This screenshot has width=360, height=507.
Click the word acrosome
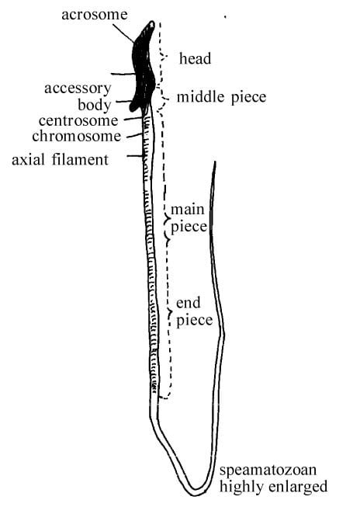(x=95, y=15)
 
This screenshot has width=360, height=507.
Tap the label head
(x=196, y=58)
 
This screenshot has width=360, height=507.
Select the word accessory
(x=78, y=89)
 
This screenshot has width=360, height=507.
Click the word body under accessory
(x=95, y=105)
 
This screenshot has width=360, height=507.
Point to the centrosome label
(x=78, y=121)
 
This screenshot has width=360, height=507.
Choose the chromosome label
(x=77, y=136)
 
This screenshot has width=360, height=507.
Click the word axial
(x=28, y=160)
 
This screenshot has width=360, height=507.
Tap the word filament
(x=81, y=160)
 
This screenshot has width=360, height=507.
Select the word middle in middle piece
(x=201, y=97)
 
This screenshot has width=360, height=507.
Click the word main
(x=188, y=210)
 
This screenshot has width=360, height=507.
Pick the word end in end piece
(x=189, y=303)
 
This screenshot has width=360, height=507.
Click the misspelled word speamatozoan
(x=268, y=470)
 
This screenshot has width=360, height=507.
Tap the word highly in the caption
(x=242, y=487)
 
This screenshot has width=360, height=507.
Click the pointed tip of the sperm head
(x=152, y=23)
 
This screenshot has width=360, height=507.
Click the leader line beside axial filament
(x=135, y=156)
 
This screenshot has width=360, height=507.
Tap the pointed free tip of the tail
(x=215, y=162)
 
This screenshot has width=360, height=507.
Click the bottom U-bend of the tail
(x=196, y=490)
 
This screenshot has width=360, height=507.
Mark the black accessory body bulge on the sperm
(x=135, y=105)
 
